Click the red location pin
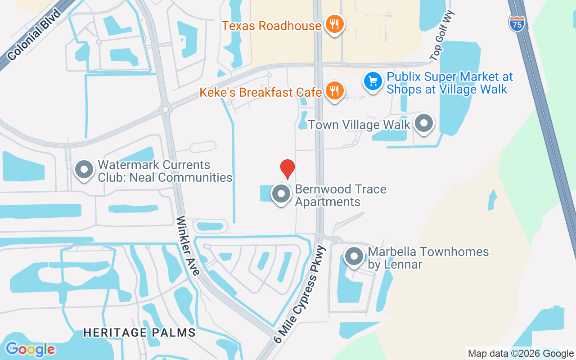tap(287, 169)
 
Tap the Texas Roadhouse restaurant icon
tap(334, 25)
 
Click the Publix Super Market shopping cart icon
tap(373, 81)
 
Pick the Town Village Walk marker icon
tap(423, 123)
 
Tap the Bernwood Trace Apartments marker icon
tap(282, 194)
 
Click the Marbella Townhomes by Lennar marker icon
tap(354, 256)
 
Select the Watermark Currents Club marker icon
tap(84, 170)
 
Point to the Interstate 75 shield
tap(517, 23)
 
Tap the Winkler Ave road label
tap(188, 246)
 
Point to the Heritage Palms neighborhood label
tap(139, 333)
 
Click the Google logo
tap(30, 349)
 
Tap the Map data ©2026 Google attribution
tap(520, 354)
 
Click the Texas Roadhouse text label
tap(271, 26)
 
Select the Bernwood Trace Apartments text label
tap(340, 195)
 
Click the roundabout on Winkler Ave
tap(166, 109)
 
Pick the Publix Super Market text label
tap(450, 83)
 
